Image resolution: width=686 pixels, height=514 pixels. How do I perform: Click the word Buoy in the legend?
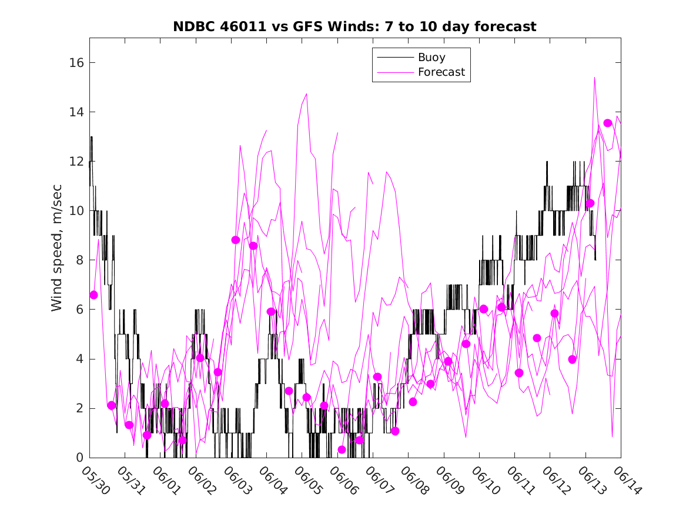431,58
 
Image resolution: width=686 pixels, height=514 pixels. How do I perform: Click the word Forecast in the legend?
441,72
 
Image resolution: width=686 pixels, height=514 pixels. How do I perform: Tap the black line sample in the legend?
394,58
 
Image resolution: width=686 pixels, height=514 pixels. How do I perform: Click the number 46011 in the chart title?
240,27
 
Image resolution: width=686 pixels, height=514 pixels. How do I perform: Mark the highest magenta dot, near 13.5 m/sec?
608,123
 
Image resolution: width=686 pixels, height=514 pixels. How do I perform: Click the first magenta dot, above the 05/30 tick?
93,295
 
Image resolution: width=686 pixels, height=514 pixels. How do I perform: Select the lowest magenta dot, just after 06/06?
342,449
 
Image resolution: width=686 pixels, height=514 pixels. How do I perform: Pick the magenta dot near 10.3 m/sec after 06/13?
590,203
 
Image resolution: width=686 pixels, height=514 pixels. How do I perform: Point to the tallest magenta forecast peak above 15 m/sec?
595,78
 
